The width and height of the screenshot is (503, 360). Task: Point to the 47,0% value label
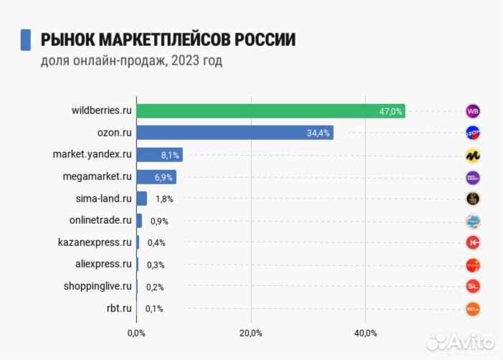[x=391, y=111]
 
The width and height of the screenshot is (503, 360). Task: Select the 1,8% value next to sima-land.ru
[x=164, y=199]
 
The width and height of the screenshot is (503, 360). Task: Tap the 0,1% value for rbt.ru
[x=154, y=309]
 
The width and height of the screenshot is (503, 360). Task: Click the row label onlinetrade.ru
[x=100, y=220]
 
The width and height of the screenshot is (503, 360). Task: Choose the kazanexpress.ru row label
[x=95, y=242]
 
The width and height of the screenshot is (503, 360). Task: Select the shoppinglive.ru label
[x=98, y=286]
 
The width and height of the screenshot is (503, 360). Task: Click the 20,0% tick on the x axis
[x=250, y=333]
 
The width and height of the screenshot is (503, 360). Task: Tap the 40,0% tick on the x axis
[x=365, y=333]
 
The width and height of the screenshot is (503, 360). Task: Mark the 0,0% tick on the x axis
[x=136, y=333]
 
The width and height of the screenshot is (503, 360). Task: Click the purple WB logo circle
[x=472, y=111]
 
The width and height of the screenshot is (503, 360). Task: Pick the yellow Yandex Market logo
[x=472, y=155]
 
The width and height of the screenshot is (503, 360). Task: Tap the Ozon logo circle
[x=472, y=133]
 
